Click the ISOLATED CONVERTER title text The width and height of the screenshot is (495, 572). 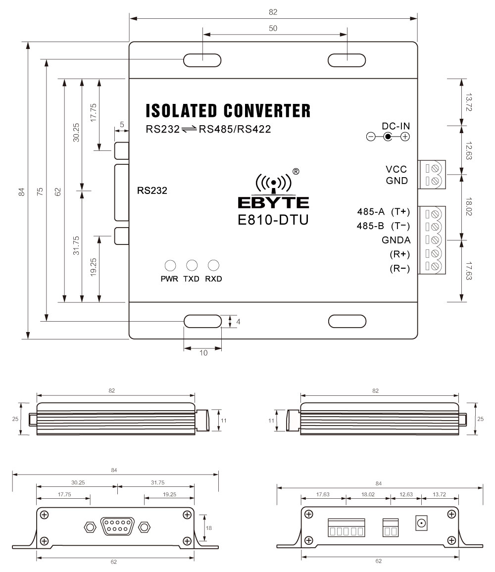[228, 110]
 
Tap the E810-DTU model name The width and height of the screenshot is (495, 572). [273, 219]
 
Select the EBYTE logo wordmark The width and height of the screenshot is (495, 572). [273, 202]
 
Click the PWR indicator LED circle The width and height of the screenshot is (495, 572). [170, 265]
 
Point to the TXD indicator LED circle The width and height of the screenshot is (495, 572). [192, 265]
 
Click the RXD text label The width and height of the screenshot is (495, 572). [213, 279]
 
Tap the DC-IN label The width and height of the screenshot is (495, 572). [396, 126]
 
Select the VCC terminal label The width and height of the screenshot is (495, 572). [396, 169]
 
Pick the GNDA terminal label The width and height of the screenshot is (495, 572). [396, 240]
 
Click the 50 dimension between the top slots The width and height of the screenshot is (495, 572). [273, 28]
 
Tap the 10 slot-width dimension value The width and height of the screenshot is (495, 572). [203, 353]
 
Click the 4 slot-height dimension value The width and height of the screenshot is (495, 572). [239, 322]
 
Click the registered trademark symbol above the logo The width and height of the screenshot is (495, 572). [296, 172]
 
